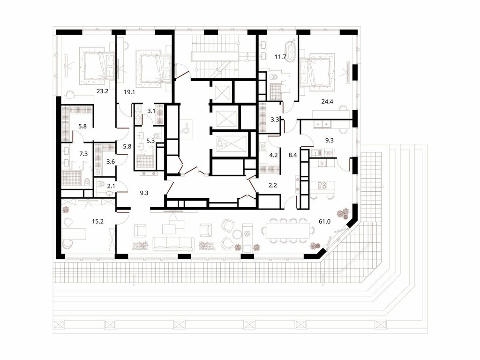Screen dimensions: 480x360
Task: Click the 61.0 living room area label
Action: click(324, 221)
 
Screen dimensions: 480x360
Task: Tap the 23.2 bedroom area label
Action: click(102, 91)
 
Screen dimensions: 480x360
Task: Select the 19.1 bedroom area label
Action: click(129, 91)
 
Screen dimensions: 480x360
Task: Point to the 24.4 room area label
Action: click(327, 102)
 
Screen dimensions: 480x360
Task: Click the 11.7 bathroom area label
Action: click(280, 57)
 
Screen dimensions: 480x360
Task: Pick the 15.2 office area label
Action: click(97, 221)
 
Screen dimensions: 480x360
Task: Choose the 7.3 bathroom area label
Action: click(83, 154)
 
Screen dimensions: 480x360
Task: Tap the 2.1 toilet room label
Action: click(111, 186)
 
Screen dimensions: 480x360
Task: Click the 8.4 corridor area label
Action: click(292, 155)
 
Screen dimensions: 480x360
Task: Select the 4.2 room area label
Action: click(273, 155)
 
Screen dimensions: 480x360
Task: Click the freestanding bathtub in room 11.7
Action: click(290, 52)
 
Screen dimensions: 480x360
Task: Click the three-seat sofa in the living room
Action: click(173, 244)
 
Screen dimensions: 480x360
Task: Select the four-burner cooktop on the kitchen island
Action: click(322, 185)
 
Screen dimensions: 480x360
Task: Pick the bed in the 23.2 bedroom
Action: click(97, 66)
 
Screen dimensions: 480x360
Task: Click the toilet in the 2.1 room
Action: click(100, 184)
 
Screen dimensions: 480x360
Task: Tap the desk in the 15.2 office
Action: click(74, 234)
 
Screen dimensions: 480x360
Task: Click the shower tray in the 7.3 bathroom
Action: click(71, 179)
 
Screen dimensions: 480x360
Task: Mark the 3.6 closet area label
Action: click(111, 161)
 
